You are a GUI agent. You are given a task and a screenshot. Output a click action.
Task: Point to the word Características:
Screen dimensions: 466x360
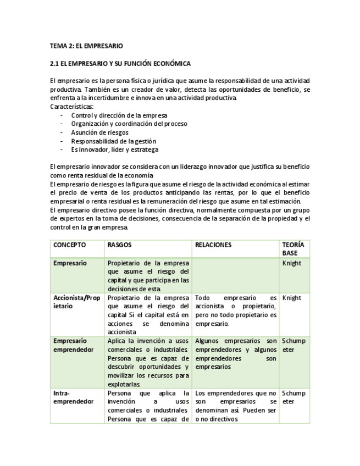[72, 106]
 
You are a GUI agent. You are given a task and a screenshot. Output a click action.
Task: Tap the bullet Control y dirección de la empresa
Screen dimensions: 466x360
[119, 115]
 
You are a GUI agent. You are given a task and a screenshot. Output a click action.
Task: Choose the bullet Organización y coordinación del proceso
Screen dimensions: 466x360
[129, 124]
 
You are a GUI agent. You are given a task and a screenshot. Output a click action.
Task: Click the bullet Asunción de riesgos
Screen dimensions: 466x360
[99, 132]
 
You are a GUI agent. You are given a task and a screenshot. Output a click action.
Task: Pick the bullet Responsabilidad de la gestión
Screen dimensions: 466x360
[113, 141]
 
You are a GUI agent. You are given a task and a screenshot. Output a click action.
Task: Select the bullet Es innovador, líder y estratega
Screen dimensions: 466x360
[114, 149]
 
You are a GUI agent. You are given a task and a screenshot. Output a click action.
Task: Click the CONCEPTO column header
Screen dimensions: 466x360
[69, 245]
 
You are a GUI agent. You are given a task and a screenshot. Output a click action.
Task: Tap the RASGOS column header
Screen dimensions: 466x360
[119, 245]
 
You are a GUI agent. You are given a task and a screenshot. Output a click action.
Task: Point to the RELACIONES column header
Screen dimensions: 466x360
[213, 245]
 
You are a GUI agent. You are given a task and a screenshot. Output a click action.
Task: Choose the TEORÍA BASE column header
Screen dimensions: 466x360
[293, 248]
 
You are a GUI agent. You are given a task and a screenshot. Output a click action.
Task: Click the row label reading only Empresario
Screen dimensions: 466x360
[70, 263]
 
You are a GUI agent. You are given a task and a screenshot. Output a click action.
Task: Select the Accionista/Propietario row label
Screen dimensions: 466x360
[76, 302]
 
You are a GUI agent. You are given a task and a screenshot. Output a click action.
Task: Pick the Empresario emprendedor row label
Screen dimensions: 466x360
[74, 345]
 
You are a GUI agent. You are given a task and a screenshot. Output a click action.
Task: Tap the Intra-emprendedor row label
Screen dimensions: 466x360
[74, 397]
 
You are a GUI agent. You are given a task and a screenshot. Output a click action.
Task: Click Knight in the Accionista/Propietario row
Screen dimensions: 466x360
[291, 298]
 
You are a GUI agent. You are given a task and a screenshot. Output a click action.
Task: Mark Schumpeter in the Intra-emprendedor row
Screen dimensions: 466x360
[293, 397]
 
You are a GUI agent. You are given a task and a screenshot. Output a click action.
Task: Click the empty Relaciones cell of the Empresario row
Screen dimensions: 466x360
[235, 275]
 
